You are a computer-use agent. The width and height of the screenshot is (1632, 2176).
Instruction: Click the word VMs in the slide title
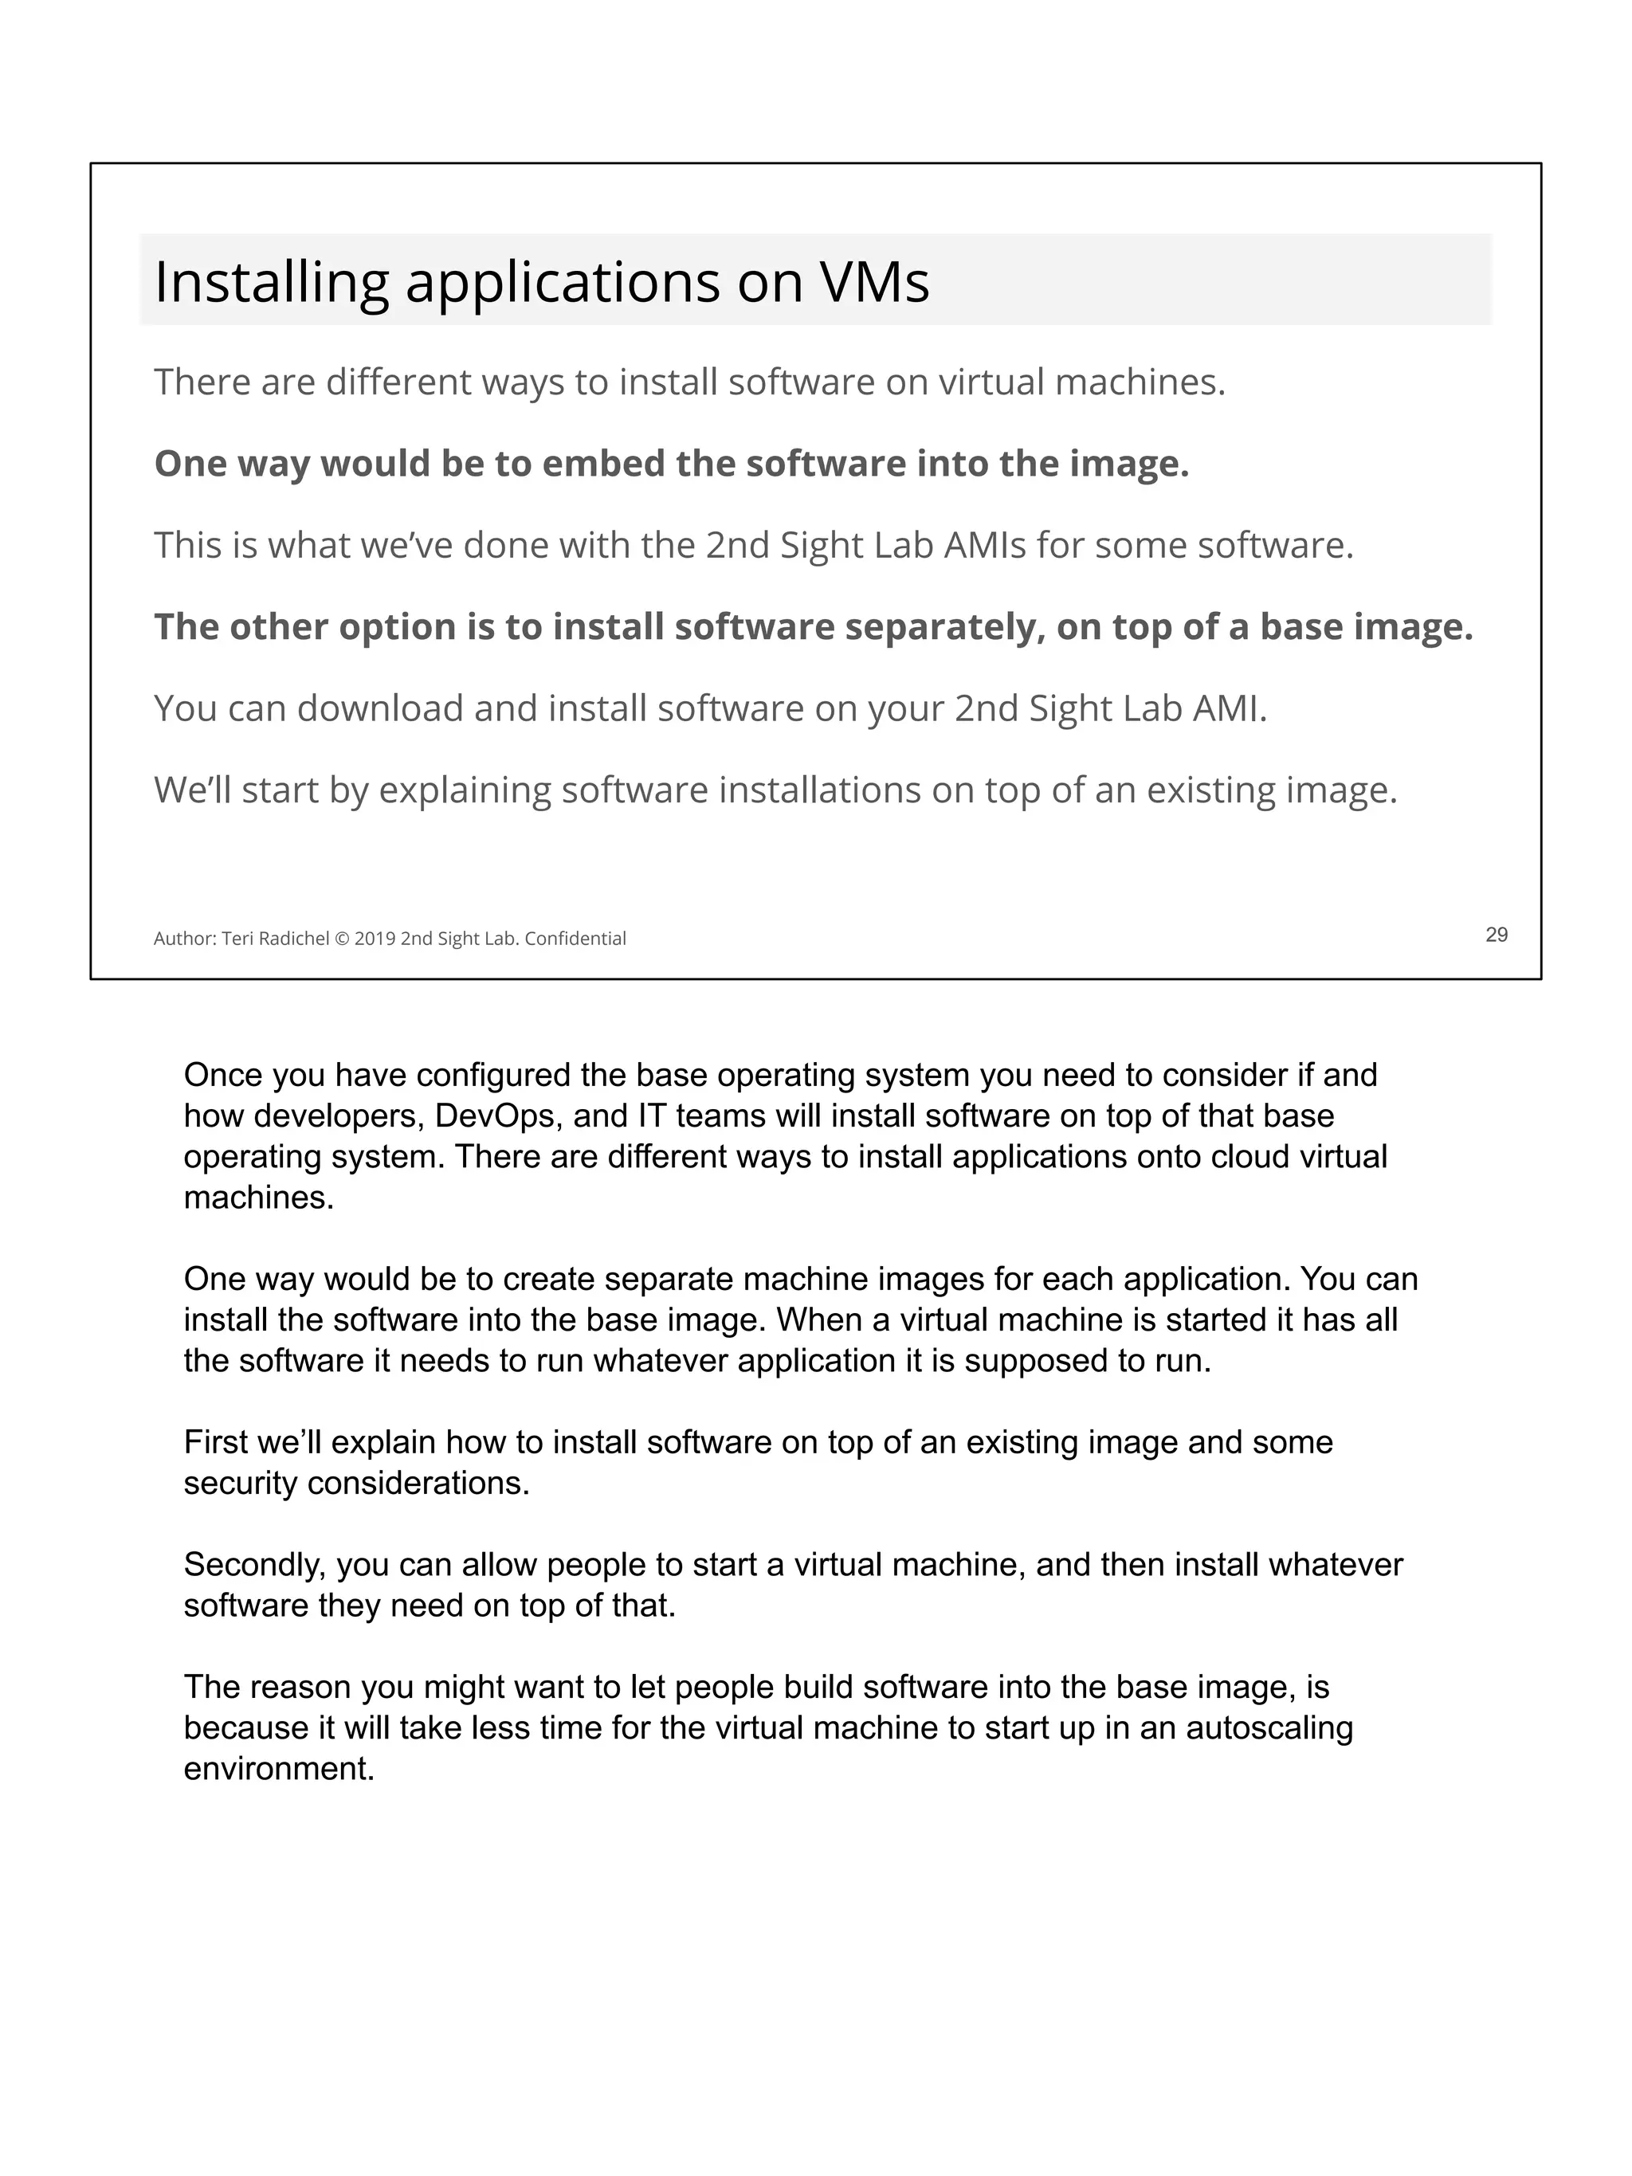click(873, 282)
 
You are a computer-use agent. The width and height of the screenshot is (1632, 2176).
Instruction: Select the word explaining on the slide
click(465, 790)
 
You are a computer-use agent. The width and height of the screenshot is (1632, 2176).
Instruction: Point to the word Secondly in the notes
click(255, 1564)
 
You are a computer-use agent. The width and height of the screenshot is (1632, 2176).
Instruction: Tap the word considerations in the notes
click(418, 1483)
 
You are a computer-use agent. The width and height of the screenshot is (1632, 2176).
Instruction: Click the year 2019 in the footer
click(375, 939)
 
